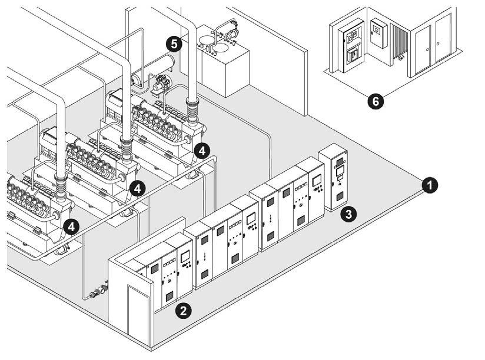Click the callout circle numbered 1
(431, 185)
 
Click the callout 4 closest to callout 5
(202, 151)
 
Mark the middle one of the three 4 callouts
(137, 188)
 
